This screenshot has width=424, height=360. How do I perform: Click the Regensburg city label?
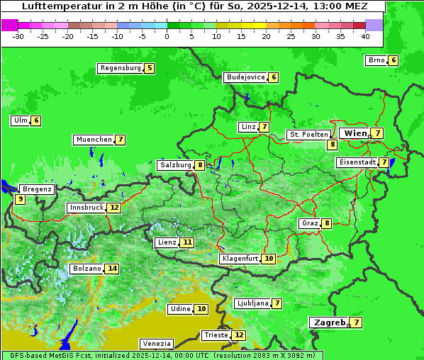[x=120, y=68]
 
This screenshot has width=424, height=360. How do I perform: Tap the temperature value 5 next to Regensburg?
[x=150, y=68]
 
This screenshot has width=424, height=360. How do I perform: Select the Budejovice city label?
[x=245, y=77]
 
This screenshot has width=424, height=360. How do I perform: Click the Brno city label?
[x=376, y=60]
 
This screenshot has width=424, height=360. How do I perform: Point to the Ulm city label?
[x=20, y=120]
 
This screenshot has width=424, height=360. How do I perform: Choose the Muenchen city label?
[x=94, y=140]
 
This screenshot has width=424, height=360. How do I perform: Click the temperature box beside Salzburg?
[x=201, y=165]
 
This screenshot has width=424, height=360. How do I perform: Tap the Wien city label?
[x=355, y=133]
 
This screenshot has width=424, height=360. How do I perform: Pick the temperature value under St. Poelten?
[x=332, y=145]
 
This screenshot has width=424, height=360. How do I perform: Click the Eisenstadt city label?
[x=357, y=162]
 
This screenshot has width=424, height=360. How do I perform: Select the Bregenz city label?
[x=37, y=189]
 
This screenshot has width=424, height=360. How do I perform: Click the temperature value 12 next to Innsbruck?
[x=114, y=208]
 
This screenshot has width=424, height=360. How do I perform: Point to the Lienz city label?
[x=167, y=242]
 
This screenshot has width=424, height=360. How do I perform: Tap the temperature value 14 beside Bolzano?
[x=112, y=269]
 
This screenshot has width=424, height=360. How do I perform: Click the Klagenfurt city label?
[x=239, y=259]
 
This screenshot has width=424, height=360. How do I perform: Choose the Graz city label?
[x=309, y=223]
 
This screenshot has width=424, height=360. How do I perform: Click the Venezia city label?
[x=156, y=344]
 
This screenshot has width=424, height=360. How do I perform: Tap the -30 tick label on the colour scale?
[x=18, y=35]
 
